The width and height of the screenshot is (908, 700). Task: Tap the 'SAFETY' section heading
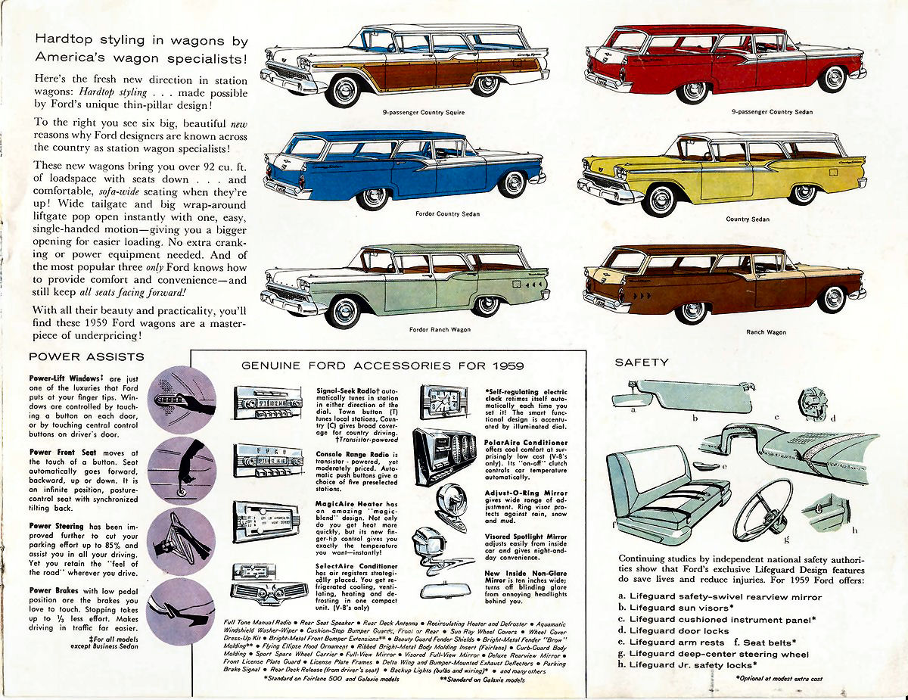point(642,362)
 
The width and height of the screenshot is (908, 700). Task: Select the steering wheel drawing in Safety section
point(762,509)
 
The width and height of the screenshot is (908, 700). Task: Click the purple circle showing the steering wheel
point(181,543)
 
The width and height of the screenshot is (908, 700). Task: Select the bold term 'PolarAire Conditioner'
point(526,442)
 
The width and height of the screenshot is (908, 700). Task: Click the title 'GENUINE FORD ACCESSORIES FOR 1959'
point(388,365)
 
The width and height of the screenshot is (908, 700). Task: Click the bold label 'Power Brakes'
point(51,590)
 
